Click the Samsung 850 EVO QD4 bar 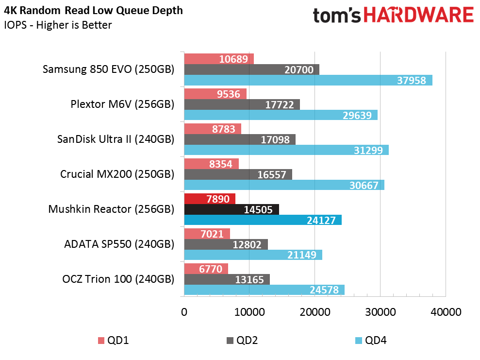click(x=308, y=80)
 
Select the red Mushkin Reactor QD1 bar click(x=210, y=199)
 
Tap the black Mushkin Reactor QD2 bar click(x=232, y=209)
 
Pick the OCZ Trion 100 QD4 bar click(x=264, y=290)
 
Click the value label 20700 click(x=299, y=70)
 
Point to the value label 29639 click(x=357, y=116)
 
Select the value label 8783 click(x=223, y=129)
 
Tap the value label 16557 click(x=271, y=174)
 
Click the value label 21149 click(x=301, y=255)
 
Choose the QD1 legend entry click(x=113, y=341)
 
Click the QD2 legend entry click(x=242, y=341)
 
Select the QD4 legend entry click(x=371, y=341)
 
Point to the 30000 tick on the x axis click(x=380, y=312)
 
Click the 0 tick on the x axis click(x=184, y=312)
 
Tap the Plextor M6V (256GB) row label click(x=122, y=104)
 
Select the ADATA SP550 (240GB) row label click(x=119, y=244)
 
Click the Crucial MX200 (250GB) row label click(x=117, y=174)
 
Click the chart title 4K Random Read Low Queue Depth click(x=93, y=11)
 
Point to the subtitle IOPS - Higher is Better click(x=58, y=25)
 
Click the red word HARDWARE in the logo click(x=419, y=15)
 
